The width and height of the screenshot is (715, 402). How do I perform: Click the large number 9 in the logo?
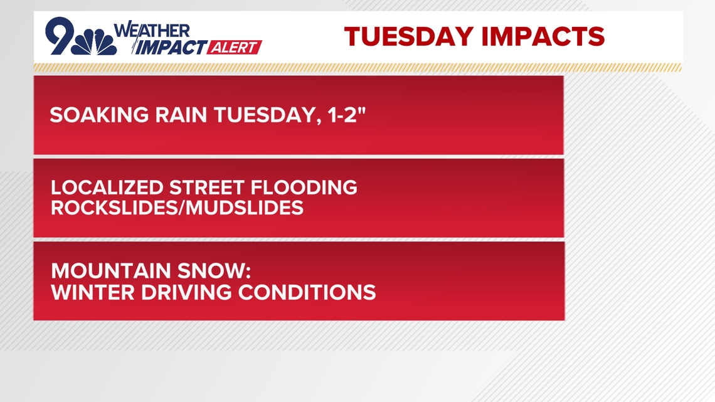coord(60,36)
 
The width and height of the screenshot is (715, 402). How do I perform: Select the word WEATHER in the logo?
coord(152,30)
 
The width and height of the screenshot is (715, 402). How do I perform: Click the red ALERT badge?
coord(235,48)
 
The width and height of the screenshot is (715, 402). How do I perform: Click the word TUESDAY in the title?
coord(409,37)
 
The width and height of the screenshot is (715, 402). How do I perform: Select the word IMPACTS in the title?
coord(543,37)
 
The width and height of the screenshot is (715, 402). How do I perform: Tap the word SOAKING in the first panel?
coord(99,115)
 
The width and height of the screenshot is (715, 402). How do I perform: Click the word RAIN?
coord(181,115)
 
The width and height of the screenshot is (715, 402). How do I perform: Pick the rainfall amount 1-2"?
coord(347,114)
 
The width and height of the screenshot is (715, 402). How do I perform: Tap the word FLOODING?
coord(304,188)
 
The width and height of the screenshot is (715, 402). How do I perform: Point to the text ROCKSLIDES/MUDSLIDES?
coord(177,208)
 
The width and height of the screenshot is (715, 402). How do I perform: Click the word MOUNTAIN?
coord(111,271)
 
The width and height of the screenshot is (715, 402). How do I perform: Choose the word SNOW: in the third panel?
coord(214,271)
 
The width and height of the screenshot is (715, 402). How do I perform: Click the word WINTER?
coord(93,293)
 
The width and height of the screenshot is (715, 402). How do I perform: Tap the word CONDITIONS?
coord(307,293)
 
